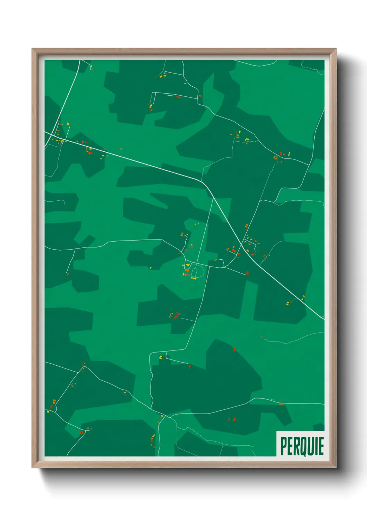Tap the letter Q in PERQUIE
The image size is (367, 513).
301,446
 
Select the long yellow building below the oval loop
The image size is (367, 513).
193,278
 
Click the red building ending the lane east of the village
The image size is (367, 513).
248,273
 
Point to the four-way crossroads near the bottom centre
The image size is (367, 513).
166,416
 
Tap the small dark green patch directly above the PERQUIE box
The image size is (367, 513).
319,427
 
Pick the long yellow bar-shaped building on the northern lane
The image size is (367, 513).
170,96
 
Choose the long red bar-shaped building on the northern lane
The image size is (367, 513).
179,97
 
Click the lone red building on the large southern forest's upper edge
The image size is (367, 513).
234,349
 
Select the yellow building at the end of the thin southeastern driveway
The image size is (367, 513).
287,304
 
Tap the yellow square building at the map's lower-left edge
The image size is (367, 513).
48,411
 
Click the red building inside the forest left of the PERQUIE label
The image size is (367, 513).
234,419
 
